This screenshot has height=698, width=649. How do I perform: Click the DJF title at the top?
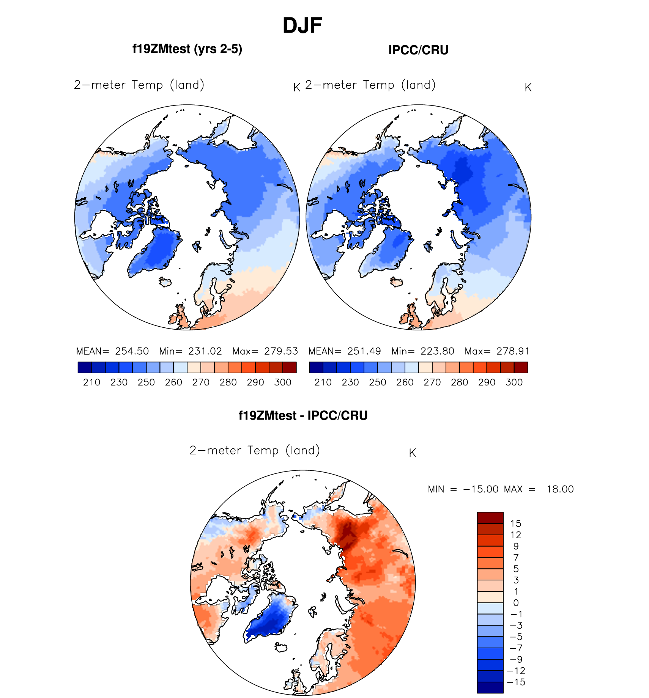(302, 26)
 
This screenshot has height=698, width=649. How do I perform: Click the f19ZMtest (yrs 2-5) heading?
(187, 49)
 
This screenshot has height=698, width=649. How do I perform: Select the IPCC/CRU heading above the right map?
(418, 50)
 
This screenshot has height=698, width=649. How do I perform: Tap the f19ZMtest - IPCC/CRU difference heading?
(303, 415)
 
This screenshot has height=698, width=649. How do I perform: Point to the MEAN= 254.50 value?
(113, 351)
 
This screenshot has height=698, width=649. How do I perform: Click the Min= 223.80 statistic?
(423, 351)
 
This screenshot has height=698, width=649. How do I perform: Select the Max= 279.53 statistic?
(265, 351)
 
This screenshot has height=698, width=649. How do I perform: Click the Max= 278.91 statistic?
(497, 351)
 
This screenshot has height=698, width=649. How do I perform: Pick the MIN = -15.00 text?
(463, 489)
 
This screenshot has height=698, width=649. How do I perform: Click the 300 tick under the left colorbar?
(283, 382)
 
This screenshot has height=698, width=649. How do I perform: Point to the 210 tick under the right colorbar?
(323, 382)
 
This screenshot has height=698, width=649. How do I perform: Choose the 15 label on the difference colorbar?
(516, 523)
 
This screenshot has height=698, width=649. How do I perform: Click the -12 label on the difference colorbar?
(516, 671)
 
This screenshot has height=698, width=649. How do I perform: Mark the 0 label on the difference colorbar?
(516, 603)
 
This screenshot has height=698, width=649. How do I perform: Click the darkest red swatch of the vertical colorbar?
(490, 518)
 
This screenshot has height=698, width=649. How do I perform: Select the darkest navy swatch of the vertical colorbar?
(490, 688)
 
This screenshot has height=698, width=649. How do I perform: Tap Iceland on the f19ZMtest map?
(165, 282)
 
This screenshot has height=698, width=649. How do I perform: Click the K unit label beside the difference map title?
(413, 453)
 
